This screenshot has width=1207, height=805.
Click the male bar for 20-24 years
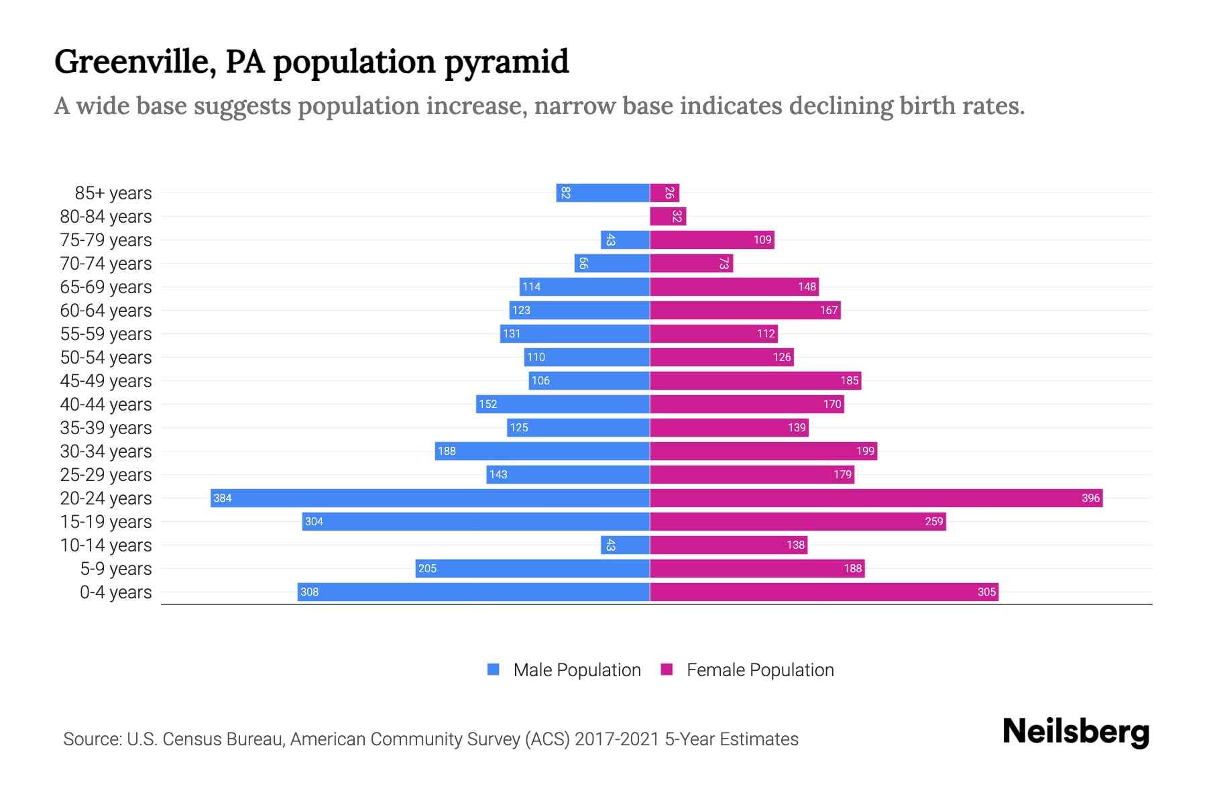[x=429, y=498]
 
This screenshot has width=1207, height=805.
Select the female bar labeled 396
[x=876, y=498]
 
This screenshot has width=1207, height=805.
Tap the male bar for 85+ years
[x=602, y=193]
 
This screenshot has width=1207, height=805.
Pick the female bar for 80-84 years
[x=668, y=216]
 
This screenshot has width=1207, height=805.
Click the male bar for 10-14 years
[x=625, y=545]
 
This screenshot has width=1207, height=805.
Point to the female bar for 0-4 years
[x=823, y=592]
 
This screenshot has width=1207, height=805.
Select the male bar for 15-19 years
[x=475, y=521]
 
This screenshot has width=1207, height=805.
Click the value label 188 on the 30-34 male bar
[x=447, y=451]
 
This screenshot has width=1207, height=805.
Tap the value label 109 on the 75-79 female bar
[x=762, y=239]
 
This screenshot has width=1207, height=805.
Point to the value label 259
[x=934, y=521]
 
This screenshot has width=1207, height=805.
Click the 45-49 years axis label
[x=106, y=380]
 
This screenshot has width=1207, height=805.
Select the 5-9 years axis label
[x=116, y=568]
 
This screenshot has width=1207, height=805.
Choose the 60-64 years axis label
[x=106, y=310]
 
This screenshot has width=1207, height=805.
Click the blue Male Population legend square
[x=494, y=669]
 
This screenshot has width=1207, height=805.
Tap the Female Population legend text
[x=760, y=669]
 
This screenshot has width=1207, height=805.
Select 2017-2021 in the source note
[x=617, y=739]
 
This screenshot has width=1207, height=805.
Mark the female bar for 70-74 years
[x=691, y=263]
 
